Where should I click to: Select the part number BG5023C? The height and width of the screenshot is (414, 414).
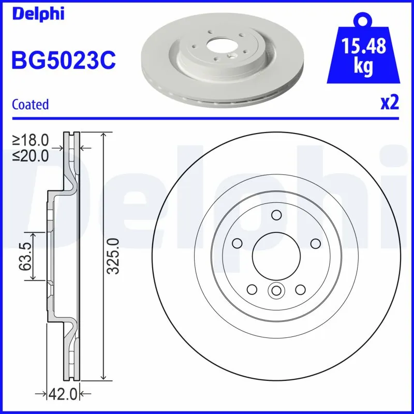[x=63, y=61]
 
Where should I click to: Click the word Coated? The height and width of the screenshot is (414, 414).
[x=30, y=105]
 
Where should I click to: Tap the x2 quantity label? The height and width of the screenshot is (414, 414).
[x=389, y=103]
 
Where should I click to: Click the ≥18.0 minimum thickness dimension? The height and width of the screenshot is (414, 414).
[x=31, y=140]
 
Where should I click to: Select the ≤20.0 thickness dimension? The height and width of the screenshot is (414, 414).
[x=31, y=154]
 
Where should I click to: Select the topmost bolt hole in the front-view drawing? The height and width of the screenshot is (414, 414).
[x=276, y=215]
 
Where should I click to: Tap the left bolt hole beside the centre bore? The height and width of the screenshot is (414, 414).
[x=238, y=243]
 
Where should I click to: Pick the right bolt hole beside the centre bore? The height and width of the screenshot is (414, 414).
[x=315, y=243]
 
